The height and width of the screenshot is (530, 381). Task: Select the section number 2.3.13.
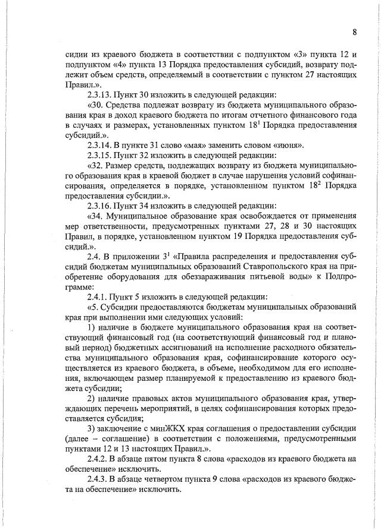(x=102, y=94)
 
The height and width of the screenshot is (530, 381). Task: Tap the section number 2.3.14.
(x=102, y=144)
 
